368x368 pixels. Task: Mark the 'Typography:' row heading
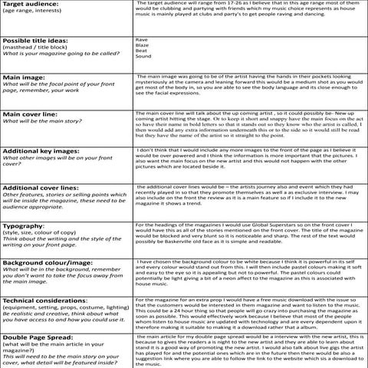point(24,226)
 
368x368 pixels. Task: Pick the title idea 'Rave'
point(141,38)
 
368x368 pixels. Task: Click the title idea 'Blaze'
point(142,44)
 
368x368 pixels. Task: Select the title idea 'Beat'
point(141,51)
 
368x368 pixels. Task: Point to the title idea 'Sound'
point(143,57)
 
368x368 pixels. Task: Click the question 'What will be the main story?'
point(40,121)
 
